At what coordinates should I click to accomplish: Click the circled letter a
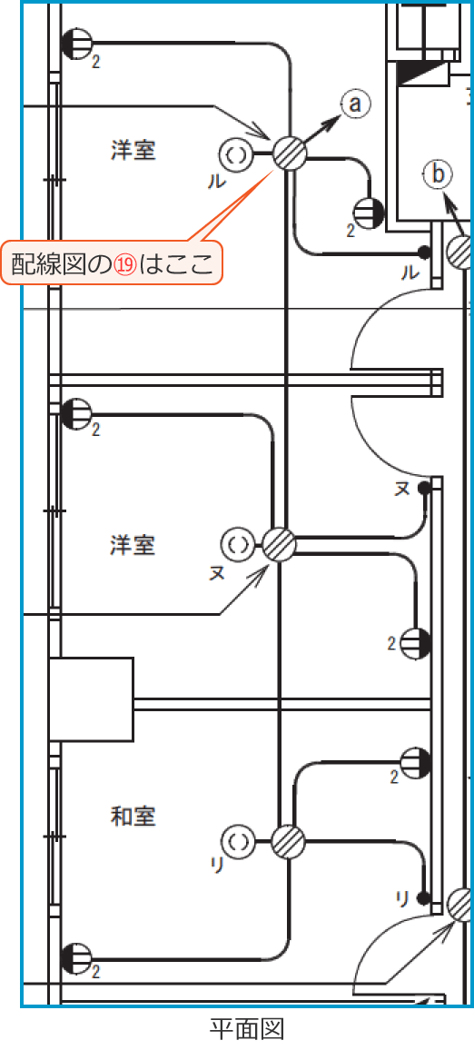coord(356,104)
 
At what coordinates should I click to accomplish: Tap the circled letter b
coord(437,175)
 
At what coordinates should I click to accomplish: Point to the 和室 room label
coord(133,817)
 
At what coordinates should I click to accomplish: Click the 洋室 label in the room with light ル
coord(133,151)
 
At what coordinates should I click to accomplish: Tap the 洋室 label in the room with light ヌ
coord(133,545)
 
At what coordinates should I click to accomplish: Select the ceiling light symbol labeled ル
coord(236,155)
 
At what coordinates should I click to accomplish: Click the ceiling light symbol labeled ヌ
coord(236,542)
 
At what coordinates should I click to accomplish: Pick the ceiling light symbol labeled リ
coord(238,840)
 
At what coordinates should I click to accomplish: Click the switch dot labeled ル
coord(423,253)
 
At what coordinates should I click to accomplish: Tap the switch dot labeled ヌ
coord(423,488)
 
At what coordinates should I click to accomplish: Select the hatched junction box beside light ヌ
coord(279,545)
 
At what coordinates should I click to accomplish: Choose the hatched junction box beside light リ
coord(289,841)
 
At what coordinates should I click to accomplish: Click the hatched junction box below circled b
coord(462,252)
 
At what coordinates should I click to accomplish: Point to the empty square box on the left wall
coord(91,699)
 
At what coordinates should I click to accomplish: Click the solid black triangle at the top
coord(421,73)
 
